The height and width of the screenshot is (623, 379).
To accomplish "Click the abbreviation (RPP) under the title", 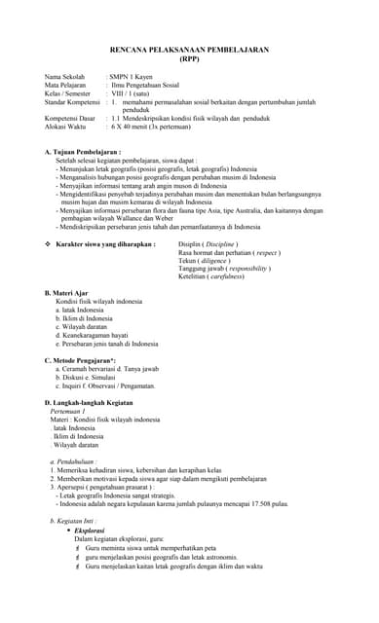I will [x=189, y=58].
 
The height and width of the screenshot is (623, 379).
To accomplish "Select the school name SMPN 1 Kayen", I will [x=133, y=76].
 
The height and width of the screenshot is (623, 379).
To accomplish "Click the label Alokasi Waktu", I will [x=65, y=127].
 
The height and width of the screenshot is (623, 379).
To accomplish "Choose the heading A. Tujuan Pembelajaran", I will [x=83, y=152].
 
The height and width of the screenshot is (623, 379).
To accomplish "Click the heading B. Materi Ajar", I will [x=70, y=293].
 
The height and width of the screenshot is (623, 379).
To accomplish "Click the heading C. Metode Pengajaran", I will [x=87, y=360].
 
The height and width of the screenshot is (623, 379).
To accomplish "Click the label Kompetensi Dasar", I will [x=71, y=118].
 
